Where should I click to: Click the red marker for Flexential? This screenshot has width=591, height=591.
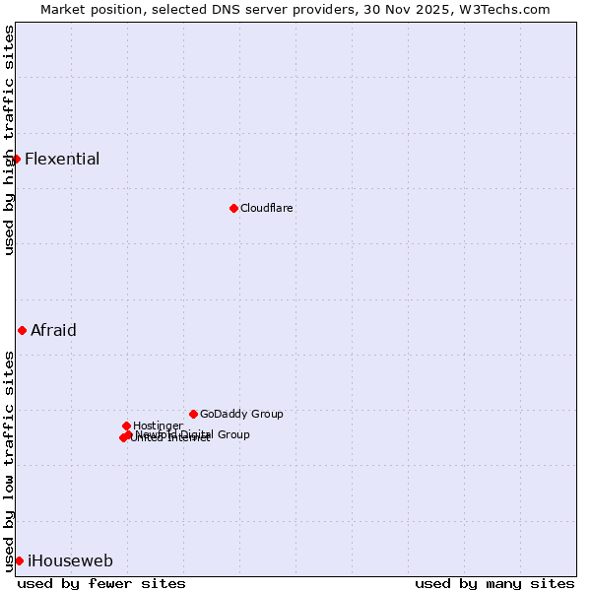[x=17, y=159]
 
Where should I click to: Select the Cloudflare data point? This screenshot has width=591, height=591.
[x=233, y=208]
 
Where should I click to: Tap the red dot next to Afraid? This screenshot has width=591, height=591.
[x=22, y=330]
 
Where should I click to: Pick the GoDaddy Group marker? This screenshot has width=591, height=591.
[x=193, y=414]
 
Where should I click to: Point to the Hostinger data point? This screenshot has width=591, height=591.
[x=126, y=426]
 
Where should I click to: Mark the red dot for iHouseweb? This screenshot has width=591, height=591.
[x=19, y=560]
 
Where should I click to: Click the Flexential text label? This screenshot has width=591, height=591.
[x=62, y=159]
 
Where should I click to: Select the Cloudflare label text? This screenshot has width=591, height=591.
[x=267, y=208]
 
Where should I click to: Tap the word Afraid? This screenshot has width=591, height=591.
[x=53, y=330]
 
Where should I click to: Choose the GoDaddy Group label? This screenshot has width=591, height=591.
[x=241, y=414]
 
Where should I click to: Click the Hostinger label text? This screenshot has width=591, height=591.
[x=158, y=426]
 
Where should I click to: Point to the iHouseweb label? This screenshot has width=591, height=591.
[x=70, y=560]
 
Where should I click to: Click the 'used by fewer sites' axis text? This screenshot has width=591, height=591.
[x=101, y=583]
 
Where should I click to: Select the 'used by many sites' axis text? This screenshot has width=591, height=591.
[x=494, y=583]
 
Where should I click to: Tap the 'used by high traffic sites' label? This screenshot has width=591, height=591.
[x=9, y=140]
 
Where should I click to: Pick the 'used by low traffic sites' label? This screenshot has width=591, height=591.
[x=9, y=461]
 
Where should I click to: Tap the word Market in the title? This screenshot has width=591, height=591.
[x=63, y=10]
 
